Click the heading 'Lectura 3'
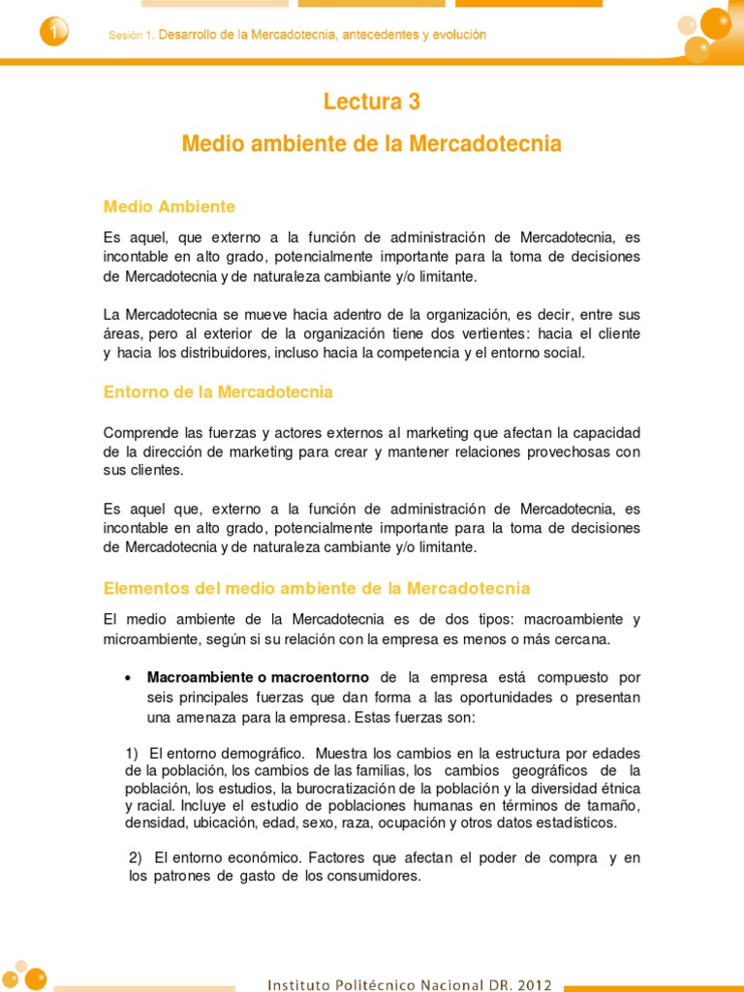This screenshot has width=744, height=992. [x=371, y=102]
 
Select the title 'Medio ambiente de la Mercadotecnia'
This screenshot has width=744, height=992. [x=371, y=144]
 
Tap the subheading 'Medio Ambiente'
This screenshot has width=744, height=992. [x=170, y=206]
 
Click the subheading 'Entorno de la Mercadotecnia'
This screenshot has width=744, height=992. [x=218, y=392]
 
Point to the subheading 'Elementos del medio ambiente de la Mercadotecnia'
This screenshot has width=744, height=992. [x=317, y=588]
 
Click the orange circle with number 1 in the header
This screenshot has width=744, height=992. [x=53, y=33]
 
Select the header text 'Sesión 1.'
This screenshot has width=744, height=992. [x=132, y=35]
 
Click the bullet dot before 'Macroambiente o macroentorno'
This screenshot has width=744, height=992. [x=129, y=678]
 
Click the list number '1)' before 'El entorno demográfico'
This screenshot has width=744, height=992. [x=134, y=753]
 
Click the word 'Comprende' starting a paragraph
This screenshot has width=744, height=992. [x=138, y=431]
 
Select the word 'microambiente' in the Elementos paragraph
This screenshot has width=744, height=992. [x=150, y=638]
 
